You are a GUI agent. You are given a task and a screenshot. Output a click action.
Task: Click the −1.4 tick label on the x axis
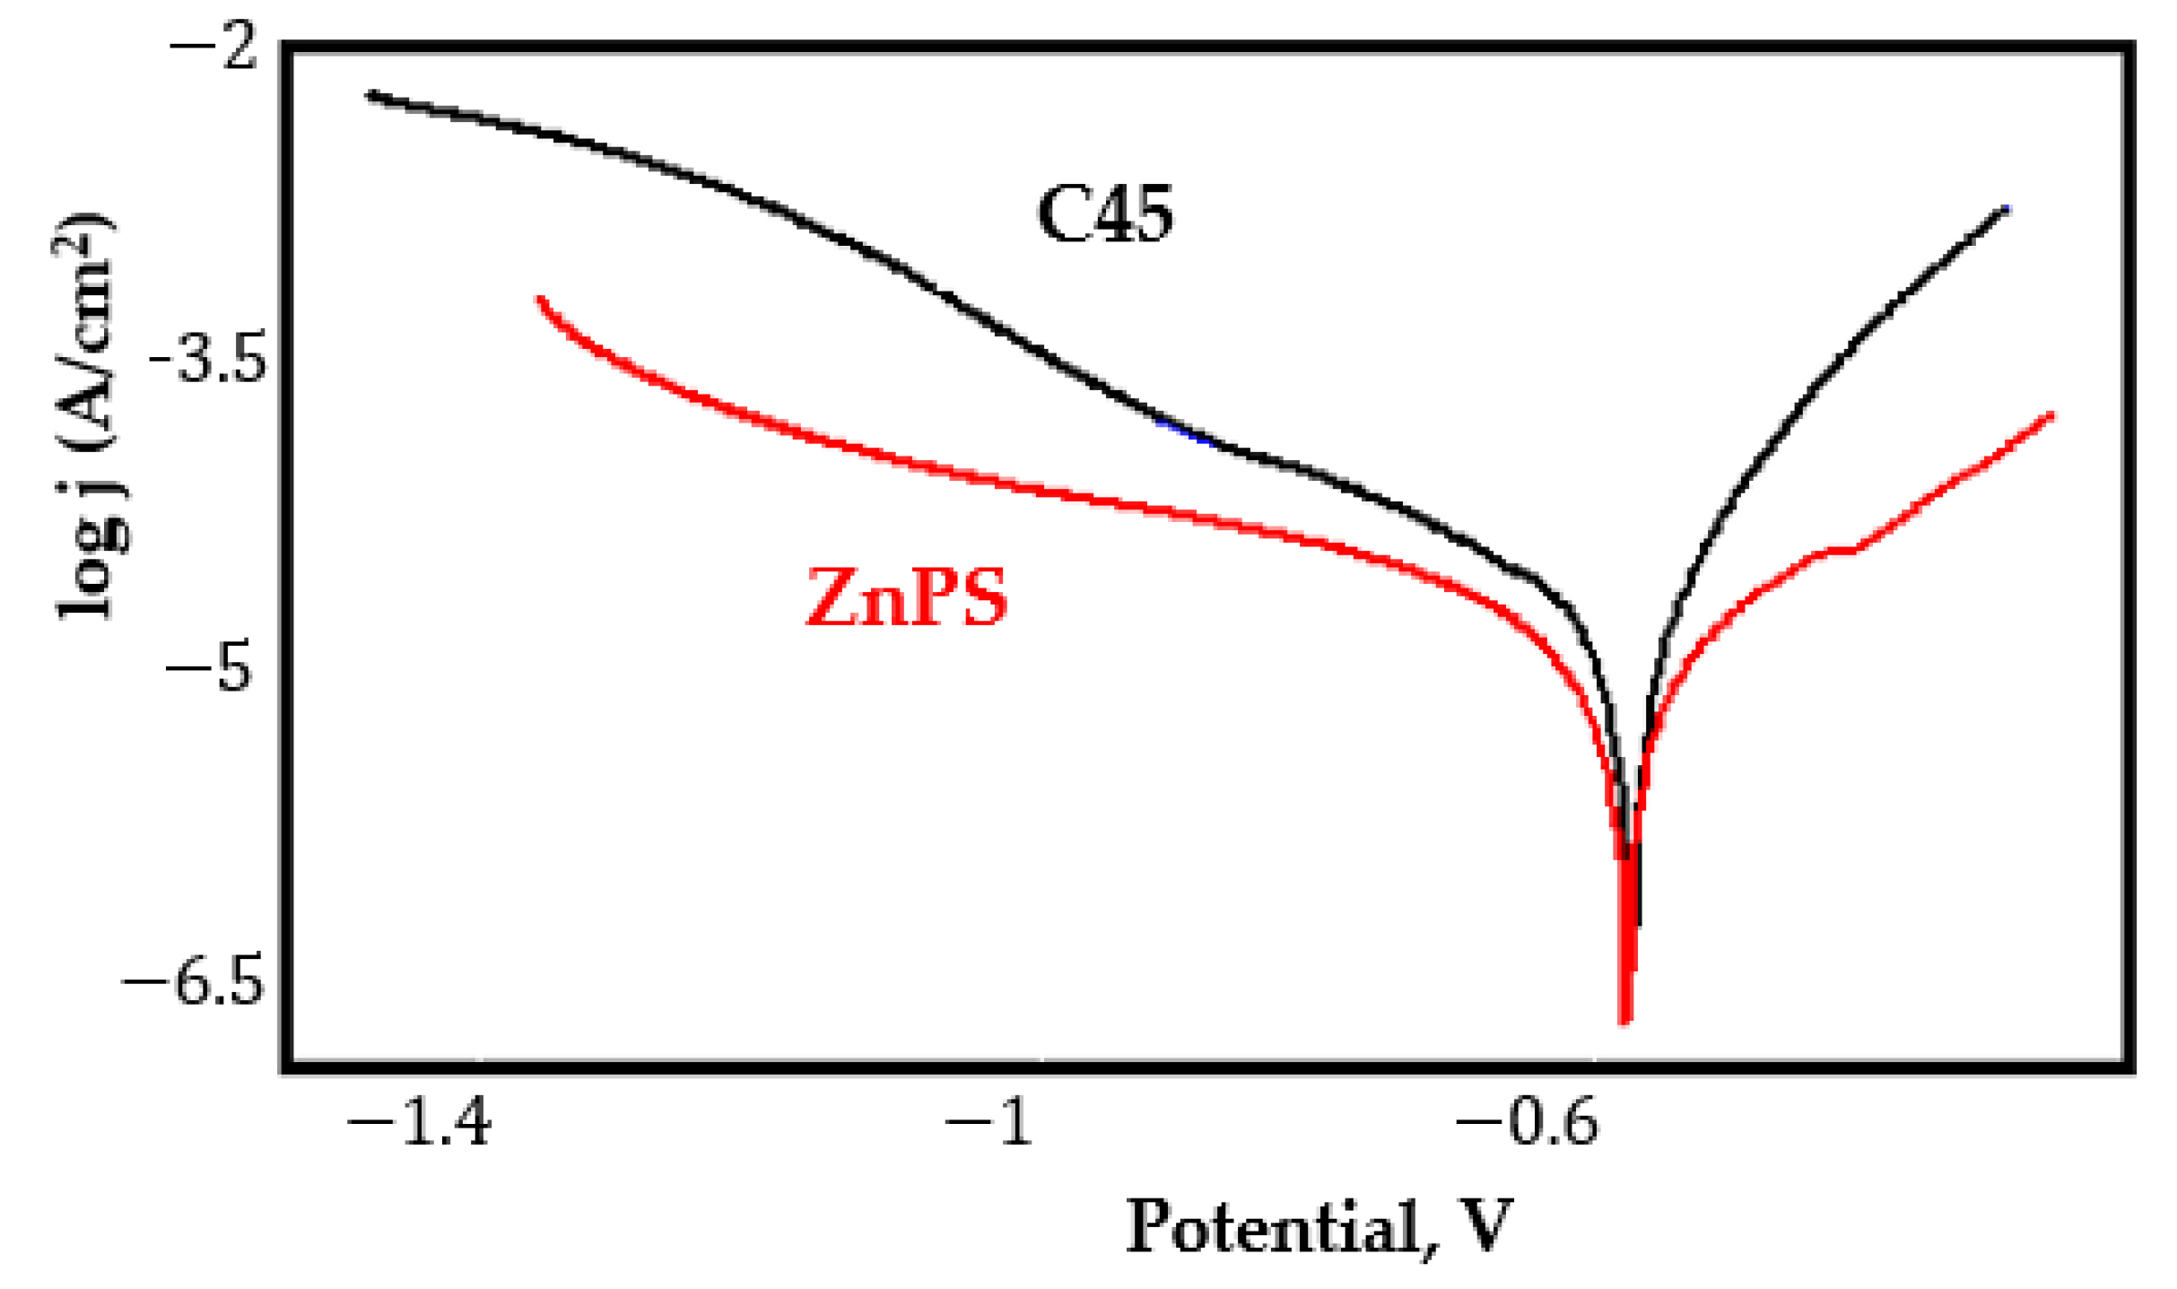420,1122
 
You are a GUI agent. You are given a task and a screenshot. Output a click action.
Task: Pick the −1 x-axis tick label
989,1122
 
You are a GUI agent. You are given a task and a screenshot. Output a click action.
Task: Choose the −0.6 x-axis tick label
1528,1122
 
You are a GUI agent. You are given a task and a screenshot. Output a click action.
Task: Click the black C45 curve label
1105,215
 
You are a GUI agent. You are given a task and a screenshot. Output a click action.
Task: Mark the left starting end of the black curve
370,95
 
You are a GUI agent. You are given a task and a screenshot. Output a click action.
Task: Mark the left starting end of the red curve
538,299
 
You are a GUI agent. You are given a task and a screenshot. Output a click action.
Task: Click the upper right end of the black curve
2007,210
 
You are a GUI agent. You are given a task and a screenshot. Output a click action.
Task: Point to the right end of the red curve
2051,414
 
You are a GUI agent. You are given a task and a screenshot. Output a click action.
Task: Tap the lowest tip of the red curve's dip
1624,1021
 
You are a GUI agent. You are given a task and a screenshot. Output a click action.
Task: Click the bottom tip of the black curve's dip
1639,924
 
